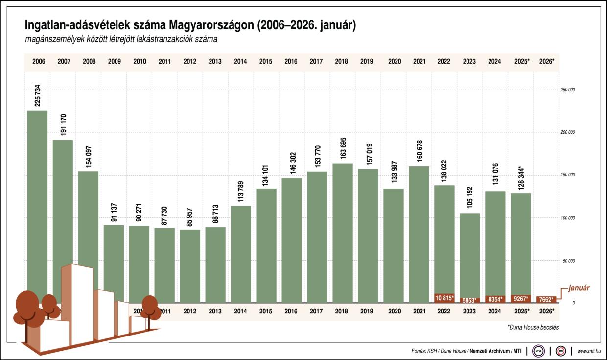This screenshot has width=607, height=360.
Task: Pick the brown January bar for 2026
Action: point(546,299)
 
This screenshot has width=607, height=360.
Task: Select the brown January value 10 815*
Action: point(444,298)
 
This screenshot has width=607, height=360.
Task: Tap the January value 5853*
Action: point(470,300)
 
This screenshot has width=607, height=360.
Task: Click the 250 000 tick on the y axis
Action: point(568,90)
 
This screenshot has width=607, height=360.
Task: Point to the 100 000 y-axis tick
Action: point(568,218)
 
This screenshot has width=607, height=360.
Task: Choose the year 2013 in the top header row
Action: point(215,62)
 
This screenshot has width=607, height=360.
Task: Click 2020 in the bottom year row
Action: point(394,311)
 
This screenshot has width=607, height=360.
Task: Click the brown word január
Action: point(579,288)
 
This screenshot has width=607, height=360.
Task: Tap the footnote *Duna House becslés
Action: point(533,327)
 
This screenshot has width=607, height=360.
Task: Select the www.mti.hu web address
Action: point(589,351)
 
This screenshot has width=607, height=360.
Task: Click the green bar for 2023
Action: point(470,255)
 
